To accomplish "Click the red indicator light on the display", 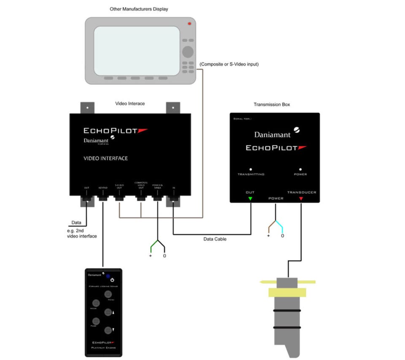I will pyautogui.click(x=189, y=24).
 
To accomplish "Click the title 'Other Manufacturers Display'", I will pyautogui.click(x=139, y=9).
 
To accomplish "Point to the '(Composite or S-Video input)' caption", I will pyautogui.click(x=229, y=64).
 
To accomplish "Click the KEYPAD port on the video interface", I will pyautogui.click(x=103, y=197).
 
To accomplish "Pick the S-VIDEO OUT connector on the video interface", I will pyautogui.click(x=119, y=197).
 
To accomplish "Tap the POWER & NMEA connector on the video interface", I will pyautogui.click(x=157, y=197).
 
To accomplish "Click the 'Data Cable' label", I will pyautogui.click(x=215, y=239).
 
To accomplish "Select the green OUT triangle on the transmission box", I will pyautogui.click(x=250, y=198).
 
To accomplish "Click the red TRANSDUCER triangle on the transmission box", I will pyautogui.click(x=301, y=198).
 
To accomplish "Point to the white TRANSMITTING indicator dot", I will pyautogui.click(x=251, y=169).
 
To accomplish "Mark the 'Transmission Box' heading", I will pyautogui.click(x=272, y=105).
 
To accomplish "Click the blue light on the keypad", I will pyautogui.click(x=108, y=277).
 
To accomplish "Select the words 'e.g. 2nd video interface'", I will pyautogui.click(x=82, y=233).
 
